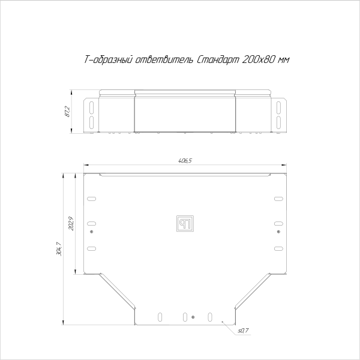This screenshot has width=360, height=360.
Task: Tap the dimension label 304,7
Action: [58, 248]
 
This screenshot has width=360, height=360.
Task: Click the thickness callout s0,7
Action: [243, 330]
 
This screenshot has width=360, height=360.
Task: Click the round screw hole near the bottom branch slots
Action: [193, 316]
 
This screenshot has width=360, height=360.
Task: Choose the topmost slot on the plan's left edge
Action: [91, 199]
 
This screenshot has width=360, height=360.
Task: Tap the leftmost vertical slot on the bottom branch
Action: [160, 316]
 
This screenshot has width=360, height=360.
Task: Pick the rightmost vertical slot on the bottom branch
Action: [209, 316]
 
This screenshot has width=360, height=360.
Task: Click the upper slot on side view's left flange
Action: [91, 107]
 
